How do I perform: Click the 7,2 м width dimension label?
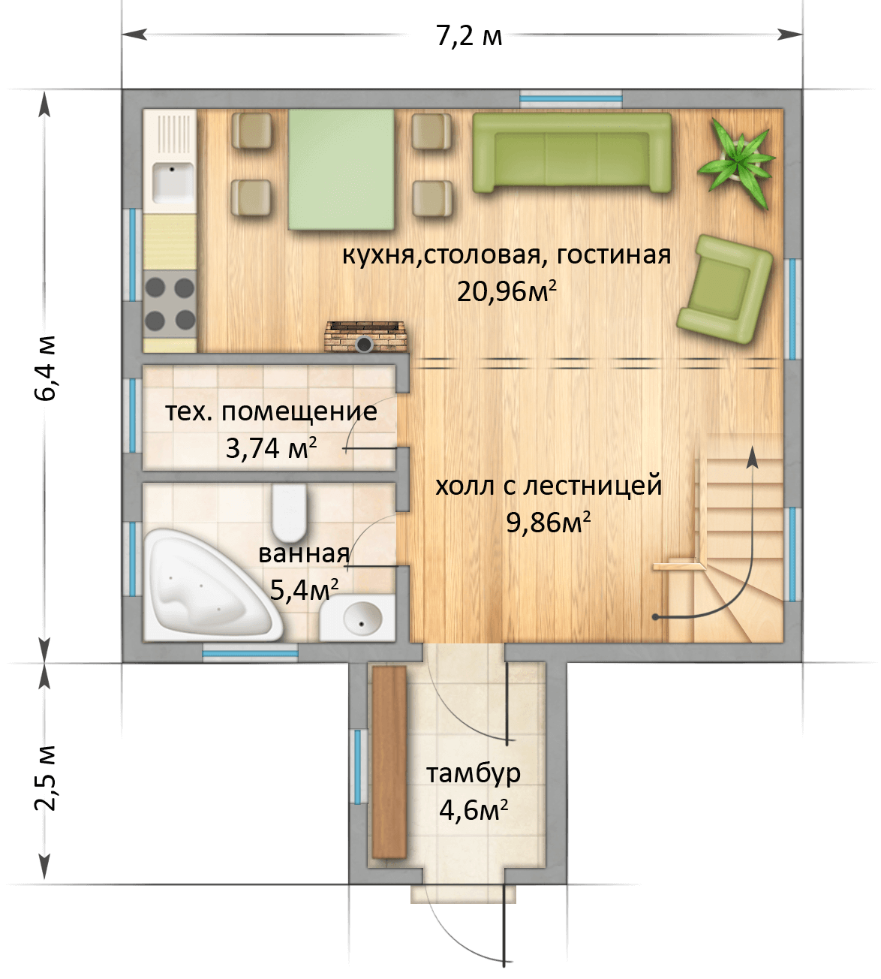coord(469,35)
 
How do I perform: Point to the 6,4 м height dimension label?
coord(46,368)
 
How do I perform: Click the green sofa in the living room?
coord(572,152)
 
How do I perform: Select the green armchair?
coord(724,289)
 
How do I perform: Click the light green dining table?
coord(341,169)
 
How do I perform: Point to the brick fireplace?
coord(365,337)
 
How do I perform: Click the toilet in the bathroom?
coord(289,513)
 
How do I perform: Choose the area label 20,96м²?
coord(507,292)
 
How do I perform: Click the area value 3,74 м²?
coord(271,448)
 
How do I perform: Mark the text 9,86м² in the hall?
coord(549,523)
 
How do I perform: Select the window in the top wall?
coord(571,99)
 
